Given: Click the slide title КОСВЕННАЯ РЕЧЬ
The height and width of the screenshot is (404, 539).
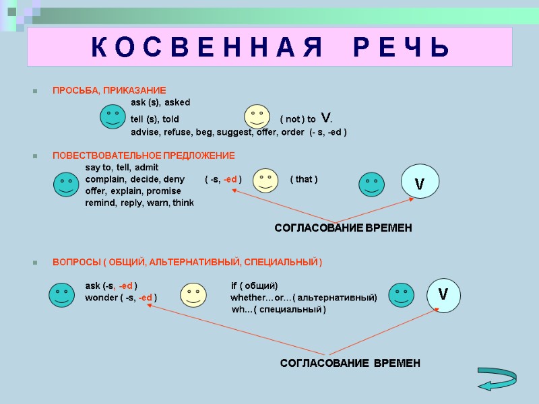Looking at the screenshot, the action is coord(269,47).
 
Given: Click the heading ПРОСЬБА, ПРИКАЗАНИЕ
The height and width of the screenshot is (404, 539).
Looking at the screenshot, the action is coord(109,90).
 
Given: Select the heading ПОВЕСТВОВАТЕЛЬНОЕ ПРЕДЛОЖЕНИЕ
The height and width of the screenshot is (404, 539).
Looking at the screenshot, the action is coord(144,156).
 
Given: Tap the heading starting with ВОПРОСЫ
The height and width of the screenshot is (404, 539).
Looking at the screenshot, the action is coord(187,261).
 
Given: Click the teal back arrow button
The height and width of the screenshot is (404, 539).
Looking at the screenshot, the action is coord(497,378).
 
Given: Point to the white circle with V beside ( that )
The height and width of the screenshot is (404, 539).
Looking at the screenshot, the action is coord(420,181).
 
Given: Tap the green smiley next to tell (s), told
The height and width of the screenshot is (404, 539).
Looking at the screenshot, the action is coord(111,117).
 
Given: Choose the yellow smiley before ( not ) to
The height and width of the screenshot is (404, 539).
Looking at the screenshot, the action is coord(257,116).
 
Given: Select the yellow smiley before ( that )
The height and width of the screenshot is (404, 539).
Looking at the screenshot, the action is coord(265,180).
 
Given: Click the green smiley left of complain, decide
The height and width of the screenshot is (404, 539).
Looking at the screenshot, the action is coord(66,183).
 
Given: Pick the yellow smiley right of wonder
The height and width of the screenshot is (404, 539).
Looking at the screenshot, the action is coord(193,294).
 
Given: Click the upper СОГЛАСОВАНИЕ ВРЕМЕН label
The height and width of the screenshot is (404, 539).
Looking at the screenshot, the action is coord(343,228).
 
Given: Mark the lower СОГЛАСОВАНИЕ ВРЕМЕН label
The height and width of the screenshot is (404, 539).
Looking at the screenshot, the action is coord(350,363).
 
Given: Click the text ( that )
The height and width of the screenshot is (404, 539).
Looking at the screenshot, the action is coord(304,179).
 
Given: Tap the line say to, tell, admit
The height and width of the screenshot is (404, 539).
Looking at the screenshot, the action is coord(121,167).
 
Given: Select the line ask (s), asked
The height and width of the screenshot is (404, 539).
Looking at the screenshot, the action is coord(160,102).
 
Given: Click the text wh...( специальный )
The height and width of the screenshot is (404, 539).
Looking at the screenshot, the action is coord(278,310).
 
